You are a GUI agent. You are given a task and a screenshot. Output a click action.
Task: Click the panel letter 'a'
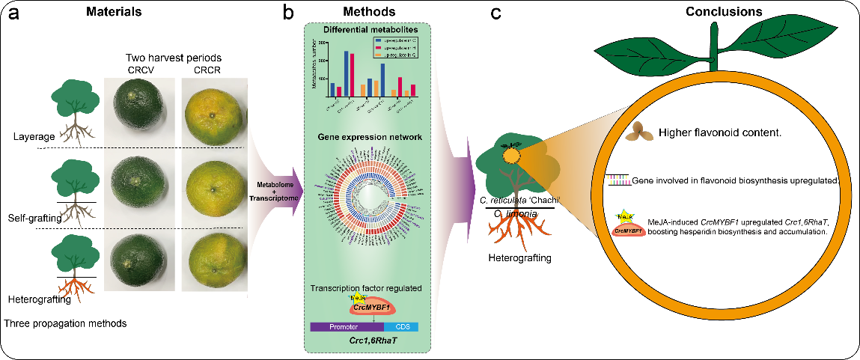pos(13,15)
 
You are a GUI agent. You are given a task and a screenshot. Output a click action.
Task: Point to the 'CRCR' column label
pos(210,71)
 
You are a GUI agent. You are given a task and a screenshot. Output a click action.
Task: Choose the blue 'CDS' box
pos(401,327)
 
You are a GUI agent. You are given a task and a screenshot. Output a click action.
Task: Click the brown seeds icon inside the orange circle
pos(641,131)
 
